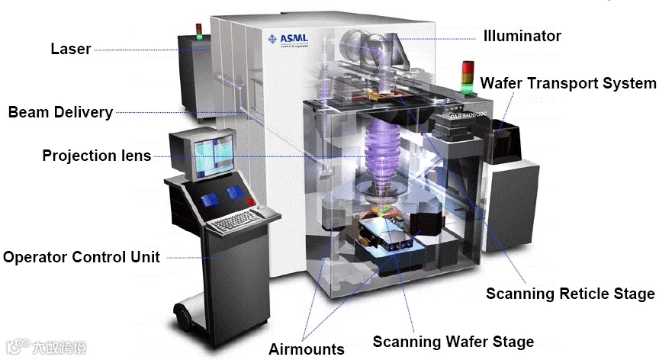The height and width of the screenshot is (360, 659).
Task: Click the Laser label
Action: click(x=70, y=49)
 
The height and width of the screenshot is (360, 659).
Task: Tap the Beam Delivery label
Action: click(x=60, y=112)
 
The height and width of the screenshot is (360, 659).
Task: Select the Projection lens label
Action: click(x=96, y=156)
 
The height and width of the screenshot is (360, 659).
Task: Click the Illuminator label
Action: click(x=522, y=36)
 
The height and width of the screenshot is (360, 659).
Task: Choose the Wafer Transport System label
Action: click(x=567, y=83)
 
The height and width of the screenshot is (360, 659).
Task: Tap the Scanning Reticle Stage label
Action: click(x=570, y=294)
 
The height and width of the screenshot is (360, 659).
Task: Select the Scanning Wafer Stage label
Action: click(x=452, y=341)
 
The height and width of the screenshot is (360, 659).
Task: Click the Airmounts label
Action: click(x=307, y=349)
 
